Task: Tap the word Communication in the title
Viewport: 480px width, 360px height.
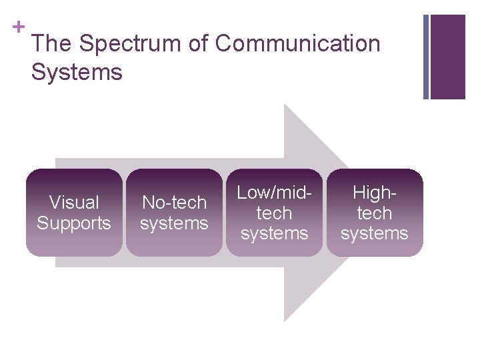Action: click(297, 44)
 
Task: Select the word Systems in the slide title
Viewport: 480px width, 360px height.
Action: click(77, 72)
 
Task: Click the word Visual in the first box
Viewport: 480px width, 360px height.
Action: click(74, 202)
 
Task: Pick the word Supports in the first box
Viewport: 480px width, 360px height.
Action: click(74, 223)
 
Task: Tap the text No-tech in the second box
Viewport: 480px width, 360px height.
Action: click(174, 202)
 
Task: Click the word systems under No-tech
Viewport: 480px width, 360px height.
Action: click(174, 223)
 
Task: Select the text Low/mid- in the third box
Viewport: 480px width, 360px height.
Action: click(274, 193)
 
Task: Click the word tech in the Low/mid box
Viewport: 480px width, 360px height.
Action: click(274, 213)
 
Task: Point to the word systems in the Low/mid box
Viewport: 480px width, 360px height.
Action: click(274, 233)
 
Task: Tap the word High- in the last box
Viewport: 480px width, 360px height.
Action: click(374, 193)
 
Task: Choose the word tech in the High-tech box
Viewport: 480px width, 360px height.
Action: click(374, 213)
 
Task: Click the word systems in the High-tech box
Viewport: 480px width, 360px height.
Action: click(374, 233)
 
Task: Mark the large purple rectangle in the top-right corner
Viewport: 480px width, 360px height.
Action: click(448, 57)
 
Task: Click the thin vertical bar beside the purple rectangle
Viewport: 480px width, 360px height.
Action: click(426, 57)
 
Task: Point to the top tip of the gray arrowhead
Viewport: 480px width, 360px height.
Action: click(285, 105)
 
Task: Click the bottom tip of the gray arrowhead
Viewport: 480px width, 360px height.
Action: click(285, 321)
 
